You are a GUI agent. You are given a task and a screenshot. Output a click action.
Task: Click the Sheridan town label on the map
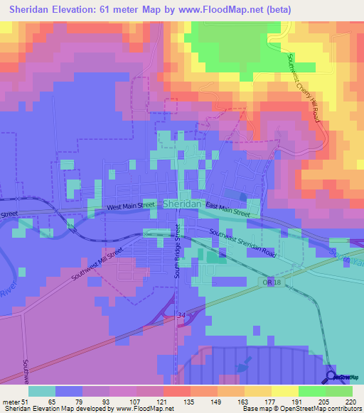(181, 204)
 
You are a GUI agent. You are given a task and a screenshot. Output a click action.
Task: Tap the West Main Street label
(131, 206)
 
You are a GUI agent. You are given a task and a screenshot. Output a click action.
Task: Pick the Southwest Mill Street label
(97, 264)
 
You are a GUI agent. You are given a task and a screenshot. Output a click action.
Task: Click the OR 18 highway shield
(268, 282)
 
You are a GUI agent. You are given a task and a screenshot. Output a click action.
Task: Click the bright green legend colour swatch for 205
(311, 391)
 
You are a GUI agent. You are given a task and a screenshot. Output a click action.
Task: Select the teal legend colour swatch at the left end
(42, 391)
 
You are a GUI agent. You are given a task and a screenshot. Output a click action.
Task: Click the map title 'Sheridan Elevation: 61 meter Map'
(107, 9)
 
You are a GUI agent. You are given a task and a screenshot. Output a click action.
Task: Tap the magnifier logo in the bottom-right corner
(331, 376)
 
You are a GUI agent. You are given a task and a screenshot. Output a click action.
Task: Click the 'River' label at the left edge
(7, 290)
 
